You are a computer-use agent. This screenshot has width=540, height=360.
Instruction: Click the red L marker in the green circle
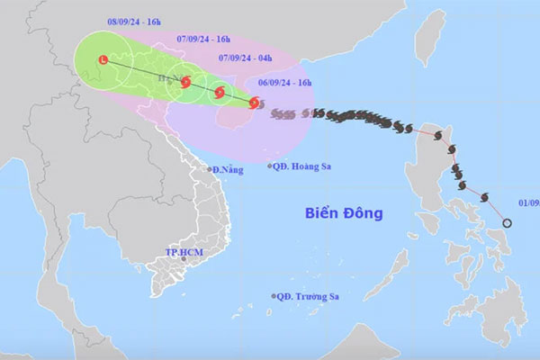[x=103, y=61]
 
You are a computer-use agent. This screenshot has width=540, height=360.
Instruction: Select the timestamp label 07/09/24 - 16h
[x=203, y=39]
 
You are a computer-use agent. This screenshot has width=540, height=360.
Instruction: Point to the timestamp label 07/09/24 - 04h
[x=247, y=59]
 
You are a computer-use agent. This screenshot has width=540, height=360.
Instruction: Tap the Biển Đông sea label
[x=343, y=213]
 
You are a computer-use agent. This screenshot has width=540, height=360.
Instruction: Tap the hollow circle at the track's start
[x=507, y=222]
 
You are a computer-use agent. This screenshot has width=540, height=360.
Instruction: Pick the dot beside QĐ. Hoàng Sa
[x=270, y=166]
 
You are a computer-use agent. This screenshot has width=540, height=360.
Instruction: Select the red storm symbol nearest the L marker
[x=185, y=82]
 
